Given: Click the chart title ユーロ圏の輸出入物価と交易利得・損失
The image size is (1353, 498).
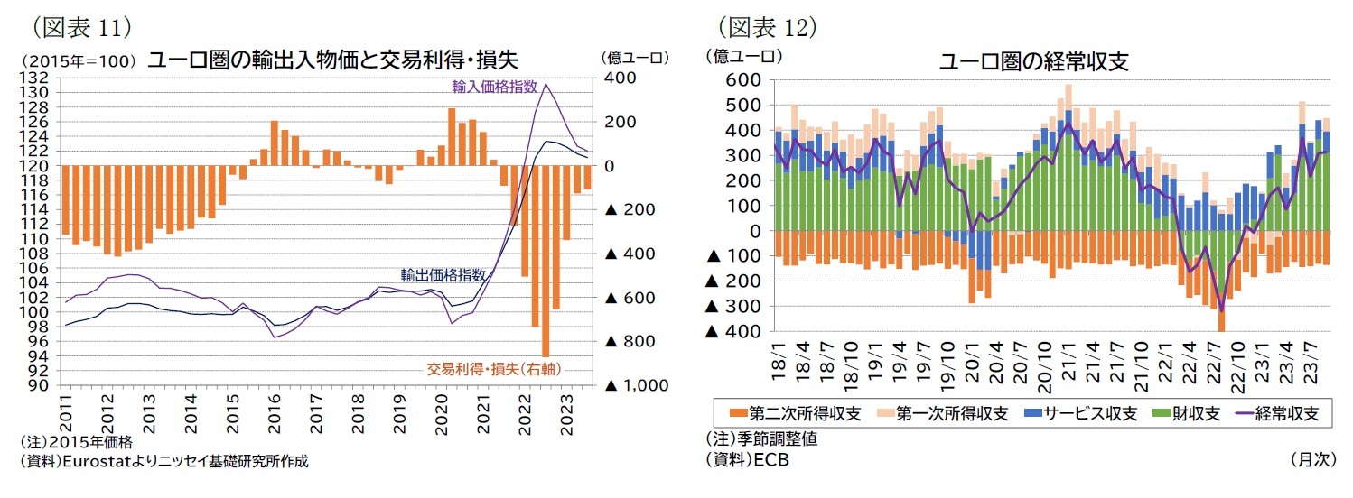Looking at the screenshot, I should (x=331, y=60).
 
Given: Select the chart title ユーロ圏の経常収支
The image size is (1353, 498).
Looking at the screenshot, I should (x=1033, y=62).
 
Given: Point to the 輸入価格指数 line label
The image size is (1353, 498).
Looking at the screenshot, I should (x=494, y=87).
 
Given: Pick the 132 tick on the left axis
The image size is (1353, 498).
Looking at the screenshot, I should (x=42, y=78).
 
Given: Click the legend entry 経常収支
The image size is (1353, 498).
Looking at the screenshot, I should (x=1272, y=414).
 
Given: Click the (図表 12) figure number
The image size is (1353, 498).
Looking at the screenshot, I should (x=767, y=27).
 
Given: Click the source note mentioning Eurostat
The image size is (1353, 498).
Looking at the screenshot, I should (x=163, y=461).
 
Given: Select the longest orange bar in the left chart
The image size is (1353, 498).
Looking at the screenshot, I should (x=546, y=261).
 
